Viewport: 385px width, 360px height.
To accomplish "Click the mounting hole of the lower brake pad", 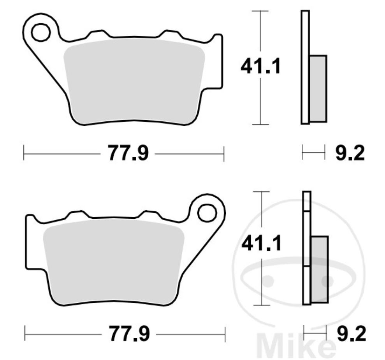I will point(207,212).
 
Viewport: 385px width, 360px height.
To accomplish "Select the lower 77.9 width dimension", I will point(128,334).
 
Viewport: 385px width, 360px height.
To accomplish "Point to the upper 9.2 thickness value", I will point(350,153).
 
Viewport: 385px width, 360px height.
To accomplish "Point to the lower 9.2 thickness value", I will point(351,334).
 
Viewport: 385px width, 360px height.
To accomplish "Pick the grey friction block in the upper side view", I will point(318,88).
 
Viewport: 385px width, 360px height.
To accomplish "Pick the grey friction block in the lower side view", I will point(320,269).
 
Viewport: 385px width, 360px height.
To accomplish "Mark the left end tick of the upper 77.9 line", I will point(24,153).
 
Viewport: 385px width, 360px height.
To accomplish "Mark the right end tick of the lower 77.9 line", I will point(225,334).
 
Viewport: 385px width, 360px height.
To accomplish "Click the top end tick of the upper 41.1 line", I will point(260,11).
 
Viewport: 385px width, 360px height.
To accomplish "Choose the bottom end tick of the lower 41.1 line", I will point(261,305).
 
